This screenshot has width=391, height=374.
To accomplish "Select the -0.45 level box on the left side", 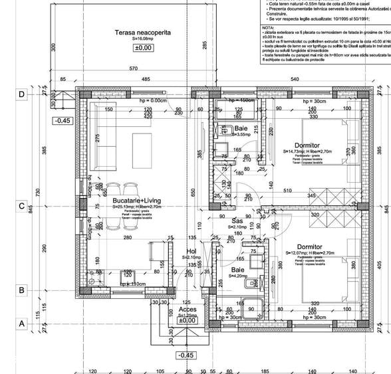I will pyautogui.click(x=63, y=121).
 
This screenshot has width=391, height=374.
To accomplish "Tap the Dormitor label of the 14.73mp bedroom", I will pyautogui.click(x=307, y=145).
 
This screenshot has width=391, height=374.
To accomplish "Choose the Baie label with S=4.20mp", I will pyautogui.click(x=237, y=270).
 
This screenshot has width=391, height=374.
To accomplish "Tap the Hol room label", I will pyautogui.click(x=190, y=252).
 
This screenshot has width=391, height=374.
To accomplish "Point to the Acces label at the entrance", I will pyautogui.click(x=188, y=310).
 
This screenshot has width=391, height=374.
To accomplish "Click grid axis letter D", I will pyautogui.click(x=21, y=94).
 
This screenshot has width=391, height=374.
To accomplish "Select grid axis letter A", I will pyautogui.click(x=21, y=324).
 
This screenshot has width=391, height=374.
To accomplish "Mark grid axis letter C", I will pyautogui.click(x=21, y=206).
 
